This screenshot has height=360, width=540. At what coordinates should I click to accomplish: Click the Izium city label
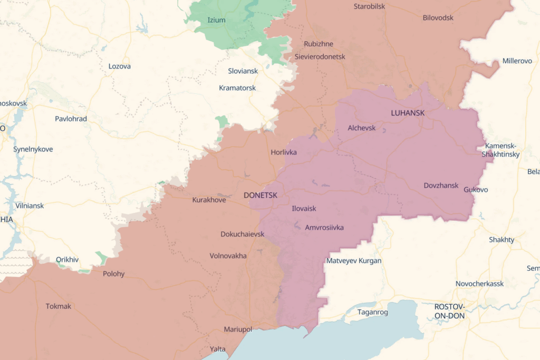[x=216, y=20]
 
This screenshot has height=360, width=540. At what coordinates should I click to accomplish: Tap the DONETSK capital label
[x=261, y=195]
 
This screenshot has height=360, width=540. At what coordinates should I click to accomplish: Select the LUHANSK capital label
[x=408, y=113]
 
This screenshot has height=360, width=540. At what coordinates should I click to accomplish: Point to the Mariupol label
[x=238, y=329]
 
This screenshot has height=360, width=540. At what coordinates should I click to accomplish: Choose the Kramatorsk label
[x=237, y=87]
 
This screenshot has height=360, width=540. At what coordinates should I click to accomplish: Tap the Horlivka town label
[x=284, y=152]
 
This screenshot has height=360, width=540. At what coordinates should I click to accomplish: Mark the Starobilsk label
[x=369, y=6]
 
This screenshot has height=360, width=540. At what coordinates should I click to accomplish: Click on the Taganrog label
[x=372, y=312]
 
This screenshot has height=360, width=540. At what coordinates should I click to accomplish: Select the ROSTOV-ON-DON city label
[x=449, y=311]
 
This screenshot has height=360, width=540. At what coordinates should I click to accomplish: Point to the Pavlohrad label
[x=71, y=119]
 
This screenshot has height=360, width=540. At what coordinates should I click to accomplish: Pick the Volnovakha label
[x=228, y=256]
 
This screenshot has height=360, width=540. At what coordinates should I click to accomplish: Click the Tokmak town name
[x=58, y=306]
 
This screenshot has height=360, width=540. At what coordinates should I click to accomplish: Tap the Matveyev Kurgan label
[x=354, y=261]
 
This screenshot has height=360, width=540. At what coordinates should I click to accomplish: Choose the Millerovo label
[x=517, y=61]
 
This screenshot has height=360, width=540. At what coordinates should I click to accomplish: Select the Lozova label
[x=119, y=66]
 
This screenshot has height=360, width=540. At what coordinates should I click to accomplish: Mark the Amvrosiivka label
[x=324, y=228]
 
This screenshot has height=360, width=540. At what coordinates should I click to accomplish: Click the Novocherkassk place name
[x=479, y=284]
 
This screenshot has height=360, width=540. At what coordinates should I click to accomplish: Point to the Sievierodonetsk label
[x=320, y=56]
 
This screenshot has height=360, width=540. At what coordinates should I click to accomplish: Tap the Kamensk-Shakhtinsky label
[x=500, y=150]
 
